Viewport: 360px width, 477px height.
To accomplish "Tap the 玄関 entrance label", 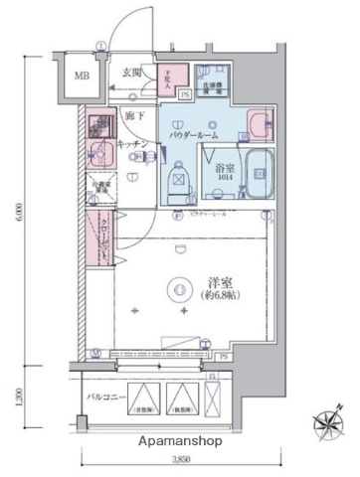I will pyautogui.click(x=132, y=73).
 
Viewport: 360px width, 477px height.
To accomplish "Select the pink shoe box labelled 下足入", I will pyautogui.click(x=171, y=77).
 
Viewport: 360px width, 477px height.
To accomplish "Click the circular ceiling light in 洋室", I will pyautogui.click(x=179, y=289).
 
